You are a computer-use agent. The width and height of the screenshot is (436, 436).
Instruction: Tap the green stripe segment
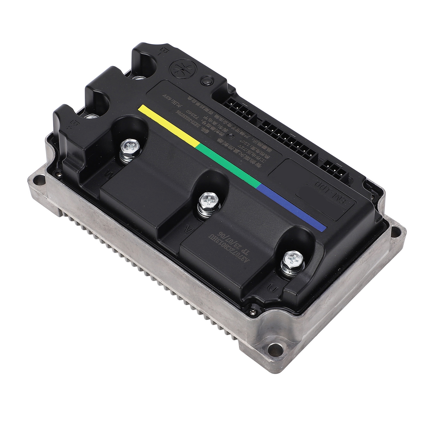point(229,165)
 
